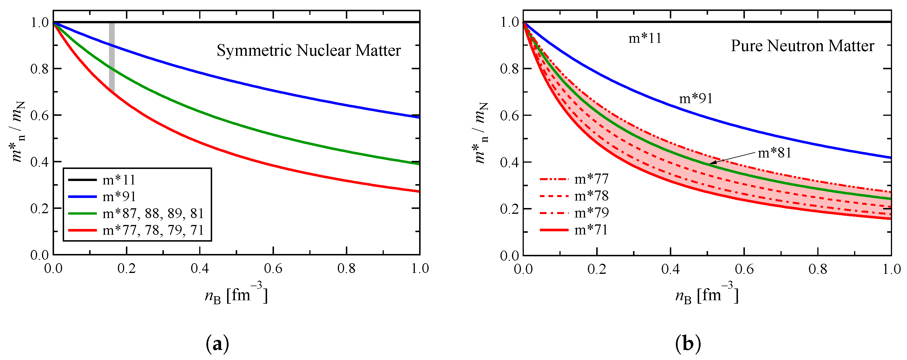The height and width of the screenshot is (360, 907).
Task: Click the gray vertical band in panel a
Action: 112,56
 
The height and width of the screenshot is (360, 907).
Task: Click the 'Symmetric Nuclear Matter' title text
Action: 308,50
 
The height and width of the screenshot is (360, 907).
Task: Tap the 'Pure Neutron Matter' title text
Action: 802,46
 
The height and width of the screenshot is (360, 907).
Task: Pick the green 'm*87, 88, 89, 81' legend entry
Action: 153,213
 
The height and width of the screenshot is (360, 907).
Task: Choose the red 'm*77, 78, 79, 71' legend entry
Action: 153,230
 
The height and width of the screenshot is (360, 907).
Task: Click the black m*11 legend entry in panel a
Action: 119,180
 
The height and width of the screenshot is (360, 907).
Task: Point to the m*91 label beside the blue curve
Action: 696,99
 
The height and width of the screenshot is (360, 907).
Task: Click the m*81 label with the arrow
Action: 774,153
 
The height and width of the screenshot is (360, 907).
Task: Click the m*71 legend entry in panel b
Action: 591,230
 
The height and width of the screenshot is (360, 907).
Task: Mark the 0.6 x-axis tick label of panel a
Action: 273,269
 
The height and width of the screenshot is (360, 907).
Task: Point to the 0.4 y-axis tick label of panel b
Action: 509,162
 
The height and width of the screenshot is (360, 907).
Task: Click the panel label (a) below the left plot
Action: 217,344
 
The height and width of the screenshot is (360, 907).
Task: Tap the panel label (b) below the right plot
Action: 688,344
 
